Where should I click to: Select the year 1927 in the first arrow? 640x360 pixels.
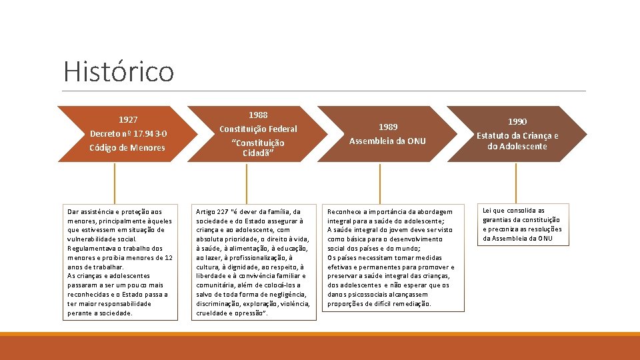tap(128, 120)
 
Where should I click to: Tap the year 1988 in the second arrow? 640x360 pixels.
tap(259, 115)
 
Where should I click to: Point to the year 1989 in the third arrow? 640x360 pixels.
tap(388, 127)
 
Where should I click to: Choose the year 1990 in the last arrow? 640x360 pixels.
tap(517, 121)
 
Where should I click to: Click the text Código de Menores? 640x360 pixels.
tap(127, 147)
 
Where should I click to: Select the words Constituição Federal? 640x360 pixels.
tap(259, 129)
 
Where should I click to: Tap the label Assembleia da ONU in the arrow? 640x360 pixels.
tap(388, 141)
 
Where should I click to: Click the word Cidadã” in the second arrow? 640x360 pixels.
tap(259, 153)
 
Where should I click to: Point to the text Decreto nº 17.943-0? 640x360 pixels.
tap(128, 133)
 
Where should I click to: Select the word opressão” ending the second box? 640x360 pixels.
tap(251, 313)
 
